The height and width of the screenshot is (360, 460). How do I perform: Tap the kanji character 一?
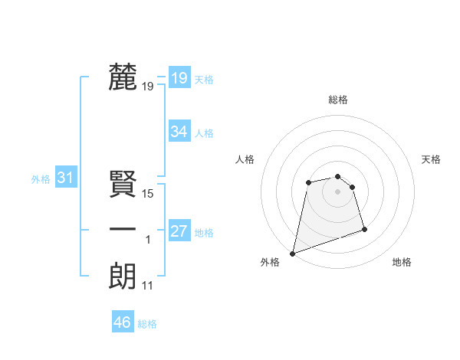click(x=123, y=230)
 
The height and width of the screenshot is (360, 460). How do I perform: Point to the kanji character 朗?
click(x=123, y=276)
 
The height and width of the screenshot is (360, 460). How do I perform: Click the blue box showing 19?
click(x=179, y=77)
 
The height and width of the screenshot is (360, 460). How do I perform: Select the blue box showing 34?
click(x=179, y=132)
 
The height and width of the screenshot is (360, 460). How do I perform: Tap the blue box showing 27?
click(x=179, y=231)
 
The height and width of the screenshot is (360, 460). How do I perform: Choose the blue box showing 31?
click(x=65, y=178)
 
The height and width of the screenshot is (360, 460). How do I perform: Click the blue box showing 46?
click(x=123, y=322)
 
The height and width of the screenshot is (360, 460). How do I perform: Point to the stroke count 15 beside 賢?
click(x=149, y=194)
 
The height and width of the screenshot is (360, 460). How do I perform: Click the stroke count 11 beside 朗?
click(x=148, y=286)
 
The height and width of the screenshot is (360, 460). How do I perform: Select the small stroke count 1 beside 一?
click(x=148, y=240)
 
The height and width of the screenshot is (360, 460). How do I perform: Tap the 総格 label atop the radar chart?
click(x=338, y=100)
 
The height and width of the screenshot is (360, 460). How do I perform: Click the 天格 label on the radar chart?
click(x=431, y=159)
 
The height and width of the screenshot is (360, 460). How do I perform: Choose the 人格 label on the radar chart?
click(x=245, y=159)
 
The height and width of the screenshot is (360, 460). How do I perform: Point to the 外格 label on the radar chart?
click(x=270, y=262)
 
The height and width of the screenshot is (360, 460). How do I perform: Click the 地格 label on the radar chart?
click(x=402, y=262)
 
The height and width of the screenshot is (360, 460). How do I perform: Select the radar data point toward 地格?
click(x=364, y=229)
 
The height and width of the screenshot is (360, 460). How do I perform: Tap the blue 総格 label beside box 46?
click(x=147, y=324)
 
